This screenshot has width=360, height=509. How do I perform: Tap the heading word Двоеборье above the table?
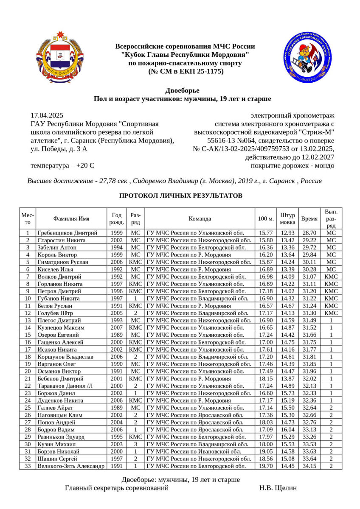pos(182,90)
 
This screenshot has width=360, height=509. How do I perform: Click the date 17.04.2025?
pos(47,115)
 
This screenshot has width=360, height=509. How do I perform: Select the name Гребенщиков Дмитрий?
pos(67,233)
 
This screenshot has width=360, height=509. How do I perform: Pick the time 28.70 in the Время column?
pos(309,233)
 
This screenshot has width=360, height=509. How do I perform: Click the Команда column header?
pos(200,219)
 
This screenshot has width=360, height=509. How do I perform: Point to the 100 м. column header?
pos(266,219)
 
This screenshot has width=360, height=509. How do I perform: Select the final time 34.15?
pos(309,466)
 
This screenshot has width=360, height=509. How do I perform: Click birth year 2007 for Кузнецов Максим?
pos(117,328)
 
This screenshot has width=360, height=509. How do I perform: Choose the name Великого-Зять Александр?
pos(70,466)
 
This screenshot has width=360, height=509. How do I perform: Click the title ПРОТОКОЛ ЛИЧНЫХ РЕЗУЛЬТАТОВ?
pos(180,196)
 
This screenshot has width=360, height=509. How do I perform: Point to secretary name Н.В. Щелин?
pos(278,488)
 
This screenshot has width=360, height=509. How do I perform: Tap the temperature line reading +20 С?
pos(62,165)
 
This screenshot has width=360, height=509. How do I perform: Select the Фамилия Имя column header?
pos(71,219)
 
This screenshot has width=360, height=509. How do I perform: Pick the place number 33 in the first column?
pos(28,466)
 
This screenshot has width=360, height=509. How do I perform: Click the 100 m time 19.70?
pos(266,466)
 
